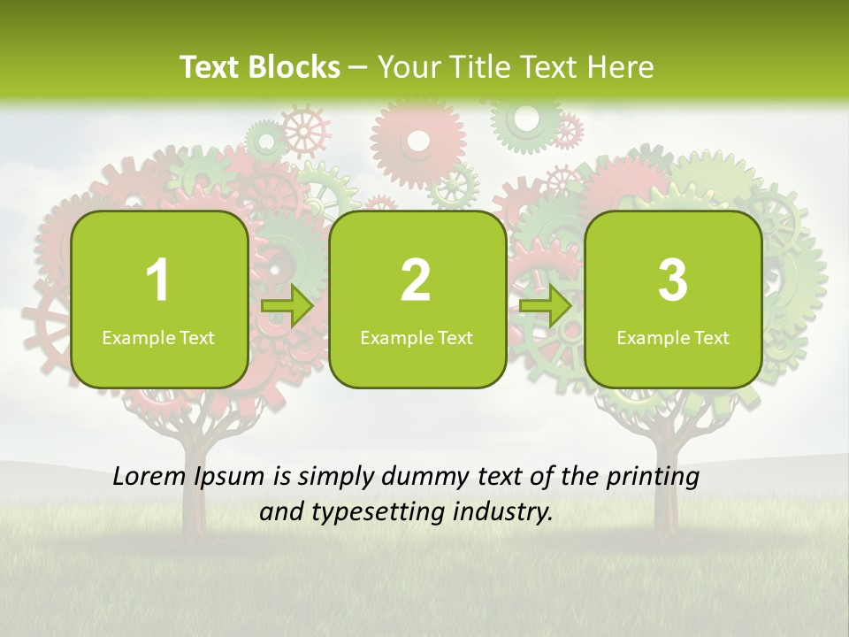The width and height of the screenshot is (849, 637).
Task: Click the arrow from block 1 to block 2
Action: coord(287,307)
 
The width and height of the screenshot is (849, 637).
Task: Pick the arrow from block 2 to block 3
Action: coord(545,307)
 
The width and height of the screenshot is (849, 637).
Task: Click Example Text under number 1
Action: coord(158,338)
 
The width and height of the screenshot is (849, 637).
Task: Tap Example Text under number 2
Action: coord(417,338)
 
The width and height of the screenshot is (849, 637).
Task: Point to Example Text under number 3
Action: coord(673,338)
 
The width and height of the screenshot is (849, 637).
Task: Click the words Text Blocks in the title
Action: coord(260,67)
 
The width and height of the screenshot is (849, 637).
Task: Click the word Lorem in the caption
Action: coord(149,477)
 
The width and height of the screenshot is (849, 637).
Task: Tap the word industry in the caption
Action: coord(505,512)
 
